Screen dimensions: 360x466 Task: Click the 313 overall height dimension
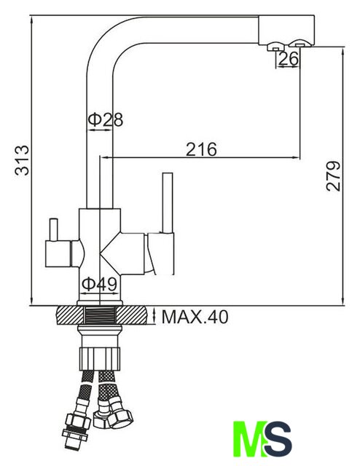pos(23,160)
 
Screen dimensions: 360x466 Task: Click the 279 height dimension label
pos(333,176)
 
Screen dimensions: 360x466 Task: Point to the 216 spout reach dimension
pos(201,149)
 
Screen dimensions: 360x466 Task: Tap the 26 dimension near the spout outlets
pos(289,59)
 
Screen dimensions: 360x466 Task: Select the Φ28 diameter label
pos(106,119)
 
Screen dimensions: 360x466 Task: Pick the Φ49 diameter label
pos(99,285)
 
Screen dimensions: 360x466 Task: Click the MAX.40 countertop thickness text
pos(195,317)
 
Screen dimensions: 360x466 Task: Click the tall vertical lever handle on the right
pos(168,202)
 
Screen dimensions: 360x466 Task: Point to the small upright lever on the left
pos(53,229)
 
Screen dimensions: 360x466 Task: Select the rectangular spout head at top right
pos(286,30)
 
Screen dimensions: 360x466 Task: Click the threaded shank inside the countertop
pos(100,315)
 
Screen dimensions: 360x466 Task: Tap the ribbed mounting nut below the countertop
pos(100,359)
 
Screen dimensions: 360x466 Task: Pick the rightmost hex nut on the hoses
pos(120,414)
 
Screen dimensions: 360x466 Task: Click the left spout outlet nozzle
pos(275,47)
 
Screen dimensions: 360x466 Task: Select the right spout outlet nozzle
pos(300,44)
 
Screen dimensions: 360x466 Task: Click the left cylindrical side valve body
pos(58,253)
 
